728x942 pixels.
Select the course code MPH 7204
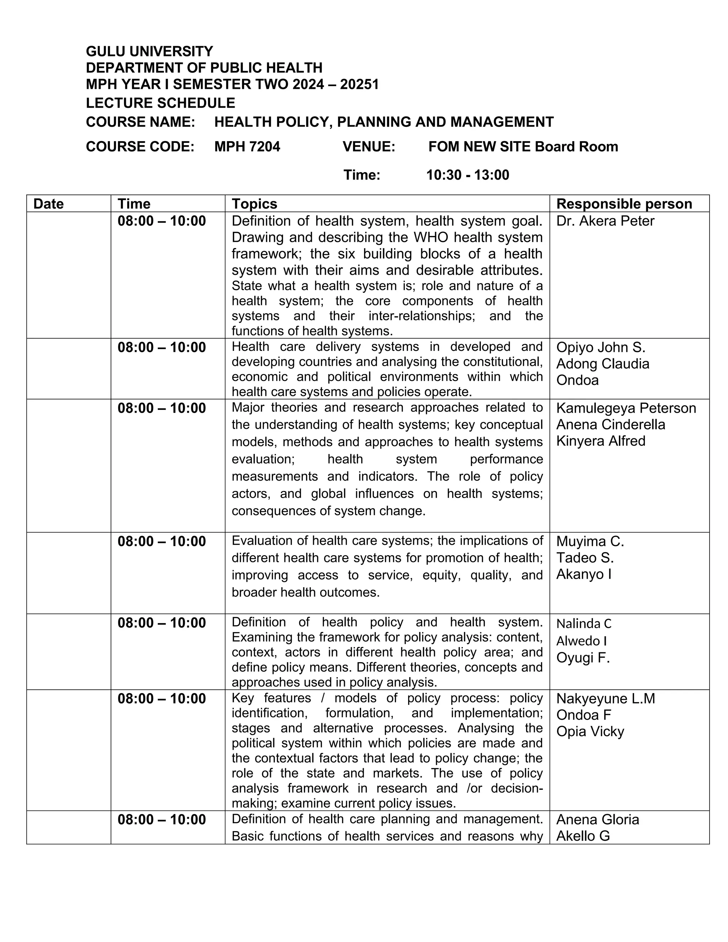[x=247, y=147]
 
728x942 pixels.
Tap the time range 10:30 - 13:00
[x=467, y=175]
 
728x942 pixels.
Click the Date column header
[x=48, y=204]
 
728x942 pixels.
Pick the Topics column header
[x=255, y=204]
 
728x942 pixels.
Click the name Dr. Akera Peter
[x=605, y=221]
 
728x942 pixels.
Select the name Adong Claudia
[x=603, y=364]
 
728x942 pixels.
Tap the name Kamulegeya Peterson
[x=626, y=408]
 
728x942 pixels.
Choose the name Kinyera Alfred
[x=601, y=441]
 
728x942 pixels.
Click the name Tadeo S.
[x=585, y=558]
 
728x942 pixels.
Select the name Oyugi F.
[x=583, y=657]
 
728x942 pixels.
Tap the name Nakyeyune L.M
[x=605, y=698]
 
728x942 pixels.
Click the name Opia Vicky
[x=590, y=732]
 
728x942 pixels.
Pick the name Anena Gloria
[x=597, y=819]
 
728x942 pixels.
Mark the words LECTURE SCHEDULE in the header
[x=160, y=103]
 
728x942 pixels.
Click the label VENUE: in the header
[x=369, y=147]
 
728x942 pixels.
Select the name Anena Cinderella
[x=610, y=424]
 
